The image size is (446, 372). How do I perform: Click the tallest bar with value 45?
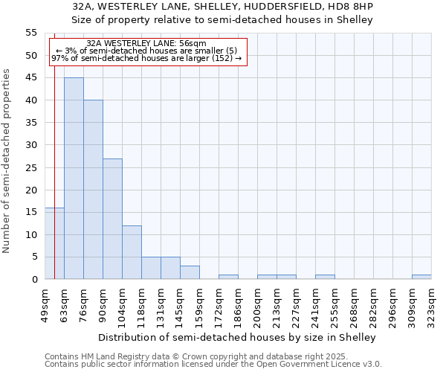click(x=74, y=179)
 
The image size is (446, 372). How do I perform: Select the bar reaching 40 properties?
click(x=93, y=190)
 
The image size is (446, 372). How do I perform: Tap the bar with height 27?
click(x=112, y=219)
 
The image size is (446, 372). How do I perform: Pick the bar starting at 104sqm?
click(x=132, y=252)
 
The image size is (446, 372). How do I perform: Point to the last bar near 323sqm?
click(x=421, y=277)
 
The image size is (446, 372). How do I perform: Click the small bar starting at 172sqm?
click(x=228, y=277)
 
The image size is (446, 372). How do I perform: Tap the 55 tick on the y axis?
click(x=31, y=33)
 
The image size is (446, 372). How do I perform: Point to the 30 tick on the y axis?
click(x=31, y=145)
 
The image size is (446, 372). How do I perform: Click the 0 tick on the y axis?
click(x=33, y=280)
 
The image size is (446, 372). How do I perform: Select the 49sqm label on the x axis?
click(x=45, y=303)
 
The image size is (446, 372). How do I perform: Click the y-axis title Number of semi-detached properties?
click(x=7, y=161)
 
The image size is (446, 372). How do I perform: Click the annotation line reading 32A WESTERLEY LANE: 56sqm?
click(x=146, y=44)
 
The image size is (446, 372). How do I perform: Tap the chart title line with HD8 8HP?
click(x=223, y=6)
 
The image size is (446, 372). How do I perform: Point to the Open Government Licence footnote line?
click(x=213, y=365)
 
